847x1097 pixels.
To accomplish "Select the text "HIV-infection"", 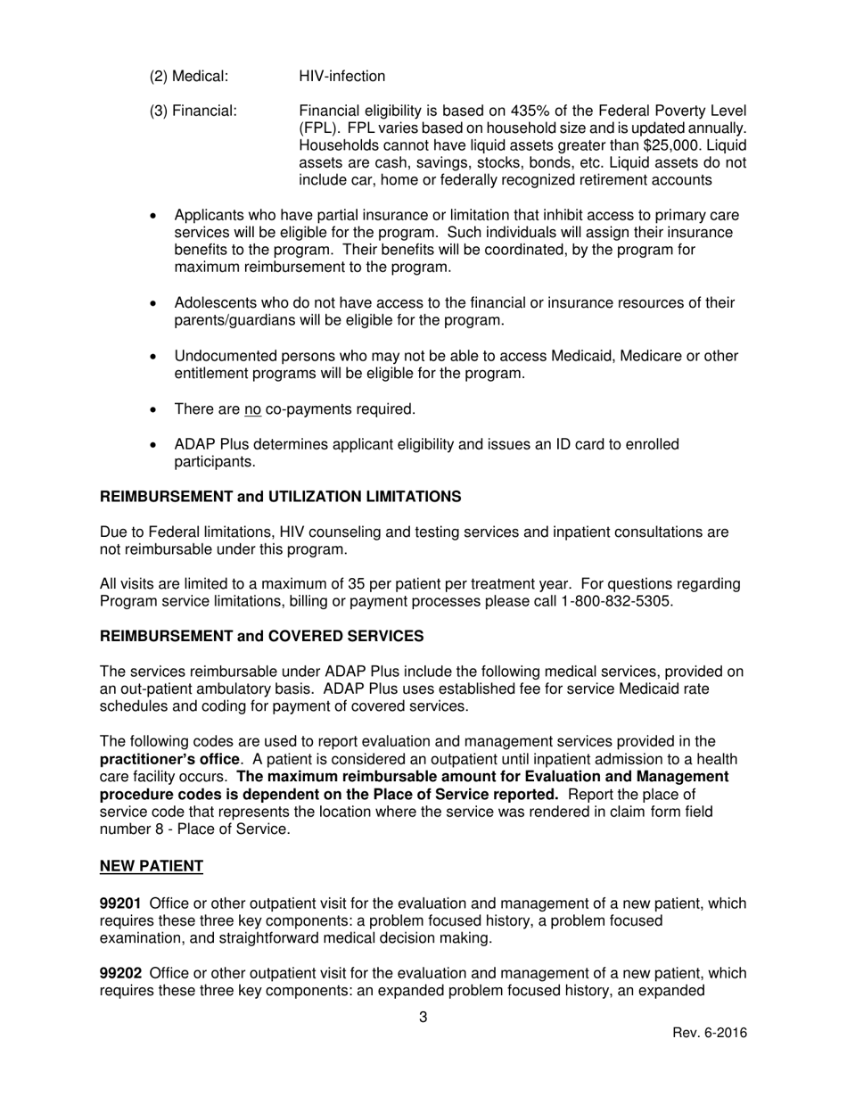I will pyautogui.click(x=341, y=77).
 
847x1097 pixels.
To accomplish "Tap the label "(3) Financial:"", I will pyautogui.click(x=193, y=111).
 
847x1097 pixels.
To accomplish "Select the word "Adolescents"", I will pyautogui.click(x=214, y=303).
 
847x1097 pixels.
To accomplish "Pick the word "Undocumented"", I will pyautogui.click(x=222, y=357).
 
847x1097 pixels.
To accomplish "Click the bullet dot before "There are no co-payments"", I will pyautogui.click(x=155, y=410).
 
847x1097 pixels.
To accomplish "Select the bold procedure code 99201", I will pyautogui.click(x=120, y=903).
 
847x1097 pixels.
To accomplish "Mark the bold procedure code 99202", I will pyautogui.click(x=120, y=973).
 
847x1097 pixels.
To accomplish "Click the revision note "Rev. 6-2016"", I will pyautogui.click(x=709, y=1034).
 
